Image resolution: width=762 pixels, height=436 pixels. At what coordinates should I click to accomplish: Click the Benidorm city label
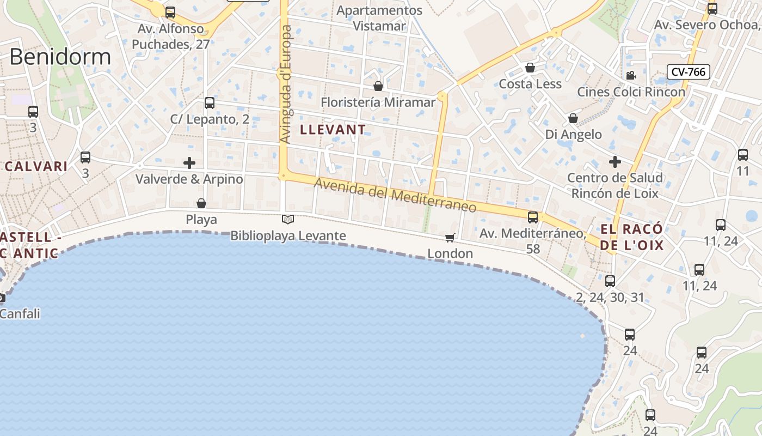point(60,57)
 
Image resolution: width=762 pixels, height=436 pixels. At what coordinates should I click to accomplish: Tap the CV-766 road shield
point(689,71)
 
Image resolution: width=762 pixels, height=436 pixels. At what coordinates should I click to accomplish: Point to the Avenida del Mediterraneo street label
point(395,196)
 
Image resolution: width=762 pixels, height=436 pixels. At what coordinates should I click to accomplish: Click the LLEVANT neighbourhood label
point(333,130)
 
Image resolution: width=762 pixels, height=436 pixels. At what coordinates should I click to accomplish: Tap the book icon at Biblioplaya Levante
point(288,220)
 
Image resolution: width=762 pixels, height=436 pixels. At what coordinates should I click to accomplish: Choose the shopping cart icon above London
point(450,238)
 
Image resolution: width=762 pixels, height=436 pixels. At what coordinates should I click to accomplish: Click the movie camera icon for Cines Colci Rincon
point(631,76)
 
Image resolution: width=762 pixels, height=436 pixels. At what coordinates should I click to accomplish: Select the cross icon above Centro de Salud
point(615,162)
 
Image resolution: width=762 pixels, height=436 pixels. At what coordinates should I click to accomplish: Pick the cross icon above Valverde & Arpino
point(189,163)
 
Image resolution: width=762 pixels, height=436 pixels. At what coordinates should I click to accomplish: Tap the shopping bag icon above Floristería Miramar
point(378,86)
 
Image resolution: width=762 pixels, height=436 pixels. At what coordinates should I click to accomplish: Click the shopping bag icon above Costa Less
point(530,68)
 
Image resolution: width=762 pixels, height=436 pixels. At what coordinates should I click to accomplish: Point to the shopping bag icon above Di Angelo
point(573,118)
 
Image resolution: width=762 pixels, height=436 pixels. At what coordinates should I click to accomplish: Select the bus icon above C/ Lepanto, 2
point(210,103)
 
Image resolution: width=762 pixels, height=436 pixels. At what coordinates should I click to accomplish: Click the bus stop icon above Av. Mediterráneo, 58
point(533,217)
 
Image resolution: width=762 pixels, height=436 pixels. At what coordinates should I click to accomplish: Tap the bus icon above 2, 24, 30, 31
point(610,281)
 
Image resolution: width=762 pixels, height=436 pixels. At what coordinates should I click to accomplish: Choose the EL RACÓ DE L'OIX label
point(632,237)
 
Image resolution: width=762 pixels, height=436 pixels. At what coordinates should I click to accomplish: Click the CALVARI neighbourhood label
point(36,167)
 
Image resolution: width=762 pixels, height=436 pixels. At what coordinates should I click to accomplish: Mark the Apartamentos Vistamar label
point(379,18)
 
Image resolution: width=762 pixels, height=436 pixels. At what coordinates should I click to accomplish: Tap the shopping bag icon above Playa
point(201,203)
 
